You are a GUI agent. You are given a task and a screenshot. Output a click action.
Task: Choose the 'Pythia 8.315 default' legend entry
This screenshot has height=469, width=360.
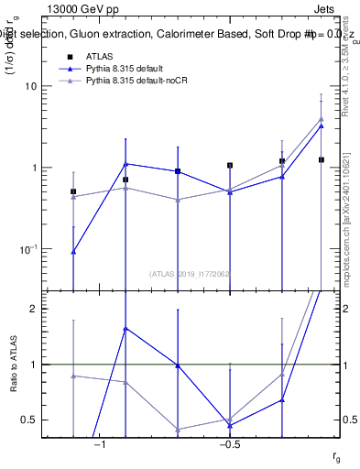pos(127,69)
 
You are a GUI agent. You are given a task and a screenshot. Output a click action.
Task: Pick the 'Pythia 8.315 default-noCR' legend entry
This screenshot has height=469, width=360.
pos(137,82)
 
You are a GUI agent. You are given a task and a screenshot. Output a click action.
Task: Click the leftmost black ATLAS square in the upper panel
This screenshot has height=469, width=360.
pos(73,191)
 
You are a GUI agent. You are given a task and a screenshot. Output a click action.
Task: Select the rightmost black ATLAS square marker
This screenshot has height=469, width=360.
pos(321,159)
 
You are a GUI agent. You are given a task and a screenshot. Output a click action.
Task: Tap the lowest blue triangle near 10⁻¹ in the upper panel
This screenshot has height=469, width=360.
pos(73,251)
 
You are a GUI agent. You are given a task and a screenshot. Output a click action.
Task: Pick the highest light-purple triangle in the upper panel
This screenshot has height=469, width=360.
pos(321,118)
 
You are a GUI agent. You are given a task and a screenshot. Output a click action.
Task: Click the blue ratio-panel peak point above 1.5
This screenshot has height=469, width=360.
pos(125,328)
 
